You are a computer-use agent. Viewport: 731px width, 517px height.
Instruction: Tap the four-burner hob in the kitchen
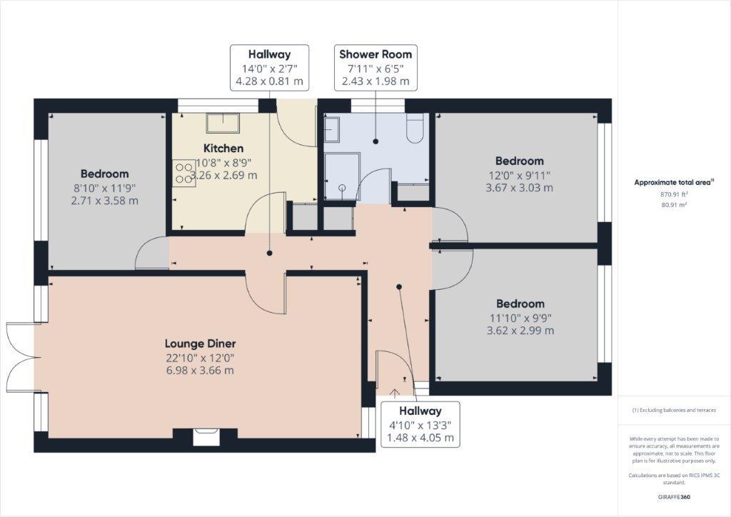coord(183,172)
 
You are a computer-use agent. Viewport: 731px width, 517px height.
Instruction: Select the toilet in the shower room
coord(415,130)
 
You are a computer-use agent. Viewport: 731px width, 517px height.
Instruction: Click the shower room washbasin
coord(333,130)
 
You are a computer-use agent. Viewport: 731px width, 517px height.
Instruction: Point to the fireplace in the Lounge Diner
coord(207,435)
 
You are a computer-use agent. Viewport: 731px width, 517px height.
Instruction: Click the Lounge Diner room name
coord(200,343)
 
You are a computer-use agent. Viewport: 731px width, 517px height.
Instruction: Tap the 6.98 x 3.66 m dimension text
coord(200,371)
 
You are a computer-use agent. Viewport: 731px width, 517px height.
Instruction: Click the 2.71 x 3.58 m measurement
coord(104,201)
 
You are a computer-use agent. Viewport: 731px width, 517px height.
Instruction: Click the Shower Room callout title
coord(375,54)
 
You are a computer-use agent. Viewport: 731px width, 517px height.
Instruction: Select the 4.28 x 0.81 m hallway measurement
coord(269,81)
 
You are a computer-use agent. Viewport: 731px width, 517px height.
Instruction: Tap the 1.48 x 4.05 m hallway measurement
coord(420,438)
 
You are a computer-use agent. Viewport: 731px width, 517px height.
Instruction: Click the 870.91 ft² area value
coord(674,194)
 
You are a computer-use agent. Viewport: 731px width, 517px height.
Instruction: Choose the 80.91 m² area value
coord(674,205)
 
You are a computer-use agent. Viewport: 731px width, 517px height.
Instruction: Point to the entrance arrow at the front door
coord(395,391)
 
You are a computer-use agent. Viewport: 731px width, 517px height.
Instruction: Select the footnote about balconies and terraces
coord(674,411)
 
